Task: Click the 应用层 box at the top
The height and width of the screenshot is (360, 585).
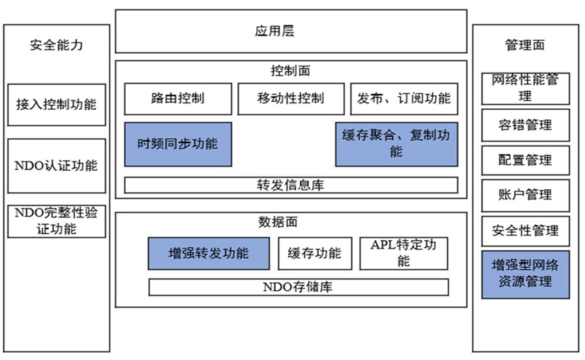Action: point(291,31)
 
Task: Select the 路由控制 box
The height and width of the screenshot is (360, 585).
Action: point(178,99)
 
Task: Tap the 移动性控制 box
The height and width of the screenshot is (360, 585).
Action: point(290,99)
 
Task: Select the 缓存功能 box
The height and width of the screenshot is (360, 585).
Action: point(314,253)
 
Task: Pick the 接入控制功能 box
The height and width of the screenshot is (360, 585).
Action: point(57,105)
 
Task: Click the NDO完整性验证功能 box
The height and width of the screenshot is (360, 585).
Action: point(57,222)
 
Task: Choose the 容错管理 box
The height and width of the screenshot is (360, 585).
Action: point(525,125)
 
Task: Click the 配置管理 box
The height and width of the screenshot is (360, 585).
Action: point(525,160)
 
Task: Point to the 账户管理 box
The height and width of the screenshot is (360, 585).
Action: point(525,195)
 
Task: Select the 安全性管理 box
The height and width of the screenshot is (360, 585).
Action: point(525,231)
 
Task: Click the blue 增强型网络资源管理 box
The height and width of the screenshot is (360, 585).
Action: point(525,274)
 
